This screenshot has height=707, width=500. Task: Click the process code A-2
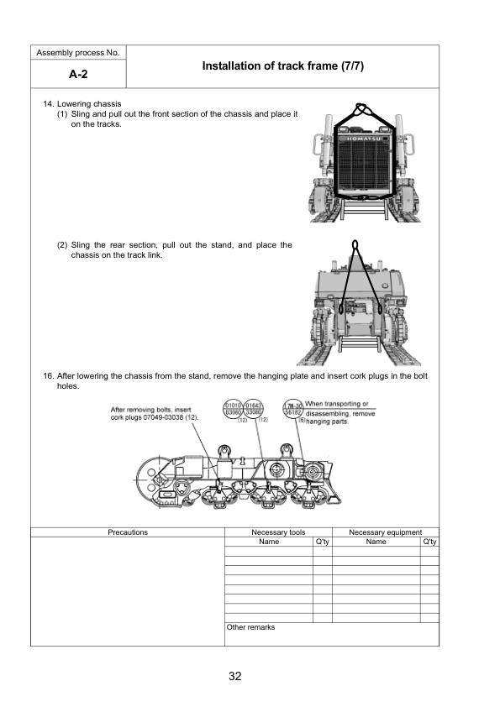click(x=78, y=74)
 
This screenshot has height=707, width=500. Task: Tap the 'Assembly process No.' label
click(x=78, y=53)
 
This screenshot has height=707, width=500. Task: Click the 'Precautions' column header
click(x=128, y=532)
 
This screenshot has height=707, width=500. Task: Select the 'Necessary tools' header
click(x=277, y=532)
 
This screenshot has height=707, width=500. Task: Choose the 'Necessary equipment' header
click(x=385, y=532)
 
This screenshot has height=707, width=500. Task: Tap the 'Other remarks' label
click(x=250, y=626)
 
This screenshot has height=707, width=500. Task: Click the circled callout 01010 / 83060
click(x=232, y=410)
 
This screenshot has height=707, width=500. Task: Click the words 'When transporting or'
click(x=337, y=405)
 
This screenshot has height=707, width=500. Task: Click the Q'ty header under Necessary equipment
click(x=429, y=542)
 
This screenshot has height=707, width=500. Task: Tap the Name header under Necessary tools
click(x=268, y=542)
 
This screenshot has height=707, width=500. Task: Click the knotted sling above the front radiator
click(x=361, y=110)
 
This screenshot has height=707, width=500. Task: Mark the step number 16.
click(x=48, y=376)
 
